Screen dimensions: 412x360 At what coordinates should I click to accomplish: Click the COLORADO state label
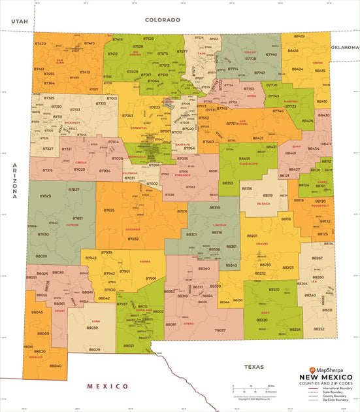(x=162, y=20)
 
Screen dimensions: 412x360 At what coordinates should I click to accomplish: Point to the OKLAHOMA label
(x=344, y=47)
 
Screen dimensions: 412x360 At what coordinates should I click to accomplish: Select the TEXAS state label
(x=254, y=367)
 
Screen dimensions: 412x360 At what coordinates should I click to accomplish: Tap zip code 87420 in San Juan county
(x=41, y=43)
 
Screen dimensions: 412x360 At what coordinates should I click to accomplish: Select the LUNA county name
(x=96, y=321)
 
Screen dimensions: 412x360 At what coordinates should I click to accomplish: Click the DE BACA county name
(x=263, y=203)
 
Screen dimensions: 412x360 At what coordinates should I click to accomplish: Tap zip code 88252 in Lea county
(x=319, y=329)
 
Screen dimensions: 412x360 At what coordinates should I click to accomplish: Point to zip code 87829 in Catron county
(x=45, y=196)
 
